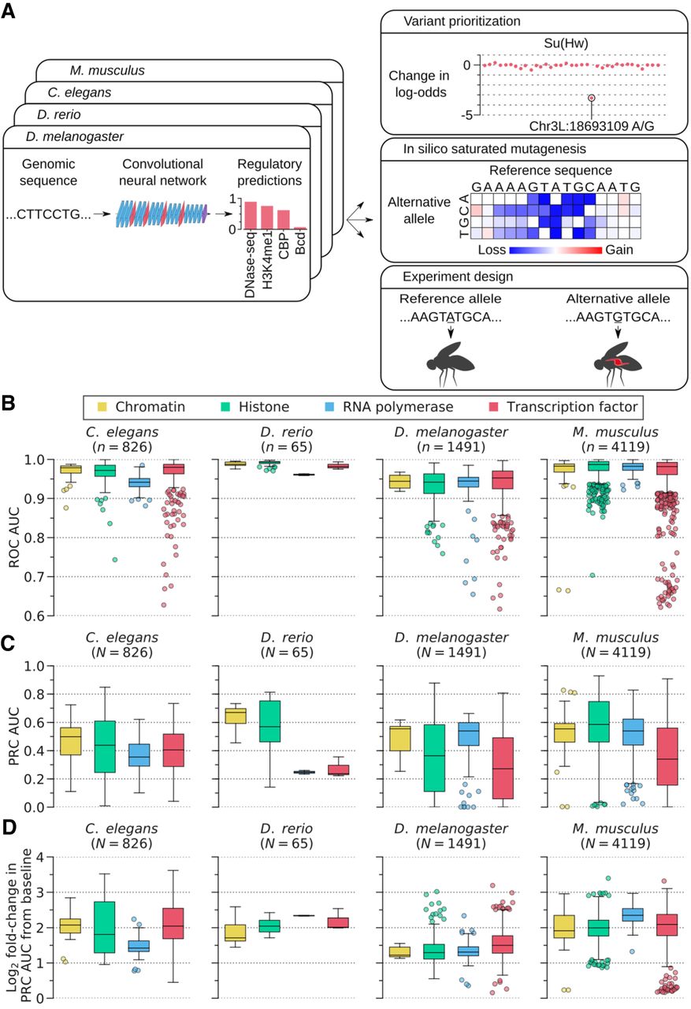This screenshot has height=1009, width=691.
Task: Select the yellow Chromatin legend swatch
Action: (101, 407)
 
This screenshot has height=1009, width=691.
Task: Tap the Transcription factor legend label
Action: (571, 407)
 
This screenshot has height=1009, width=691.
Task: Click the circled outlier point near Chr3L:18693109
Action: (591, 97)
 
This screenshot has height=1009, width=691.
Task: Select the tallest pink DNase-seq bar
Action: (251, 214)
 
